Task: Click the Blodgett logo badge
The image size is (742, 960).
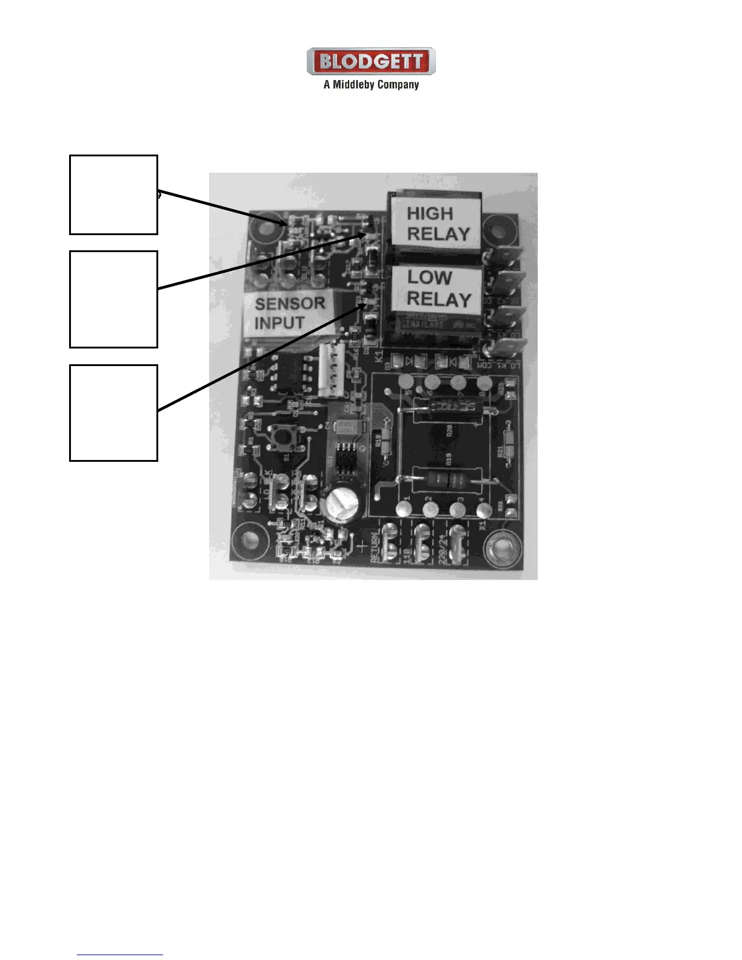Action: point(371,61)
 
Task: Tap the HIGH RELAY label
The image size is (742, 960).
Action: point(436,223)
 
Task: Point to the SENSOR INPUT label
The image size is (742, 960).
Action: point(289,313)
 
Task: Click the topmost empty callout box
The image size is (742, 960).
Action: point(113,195)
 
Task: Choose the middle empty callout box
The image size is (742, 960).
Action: point(113,299)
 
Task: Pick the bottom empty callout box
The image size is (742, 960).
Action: point(113,413)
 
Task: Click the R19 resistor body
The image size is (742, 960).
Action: point(450,479)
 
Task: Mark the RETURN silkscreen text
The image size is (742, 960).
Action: point(375,548)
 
